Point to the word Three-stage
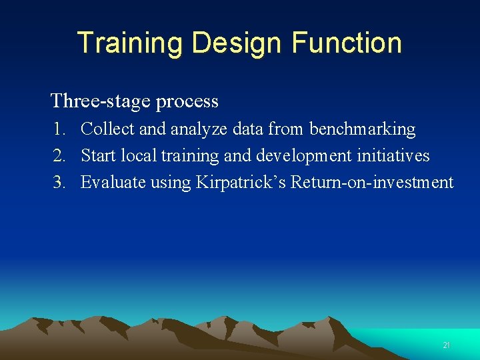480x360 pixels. pos(100,101)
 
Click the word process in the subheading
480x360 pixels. pos(187,102)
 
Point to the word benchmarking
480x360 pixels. pos(362,129)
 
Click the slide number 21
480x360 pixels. pos(447,345)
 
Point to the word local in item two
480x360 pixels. pos(139,155)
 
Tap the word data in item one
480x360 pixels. pos(249,129)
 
